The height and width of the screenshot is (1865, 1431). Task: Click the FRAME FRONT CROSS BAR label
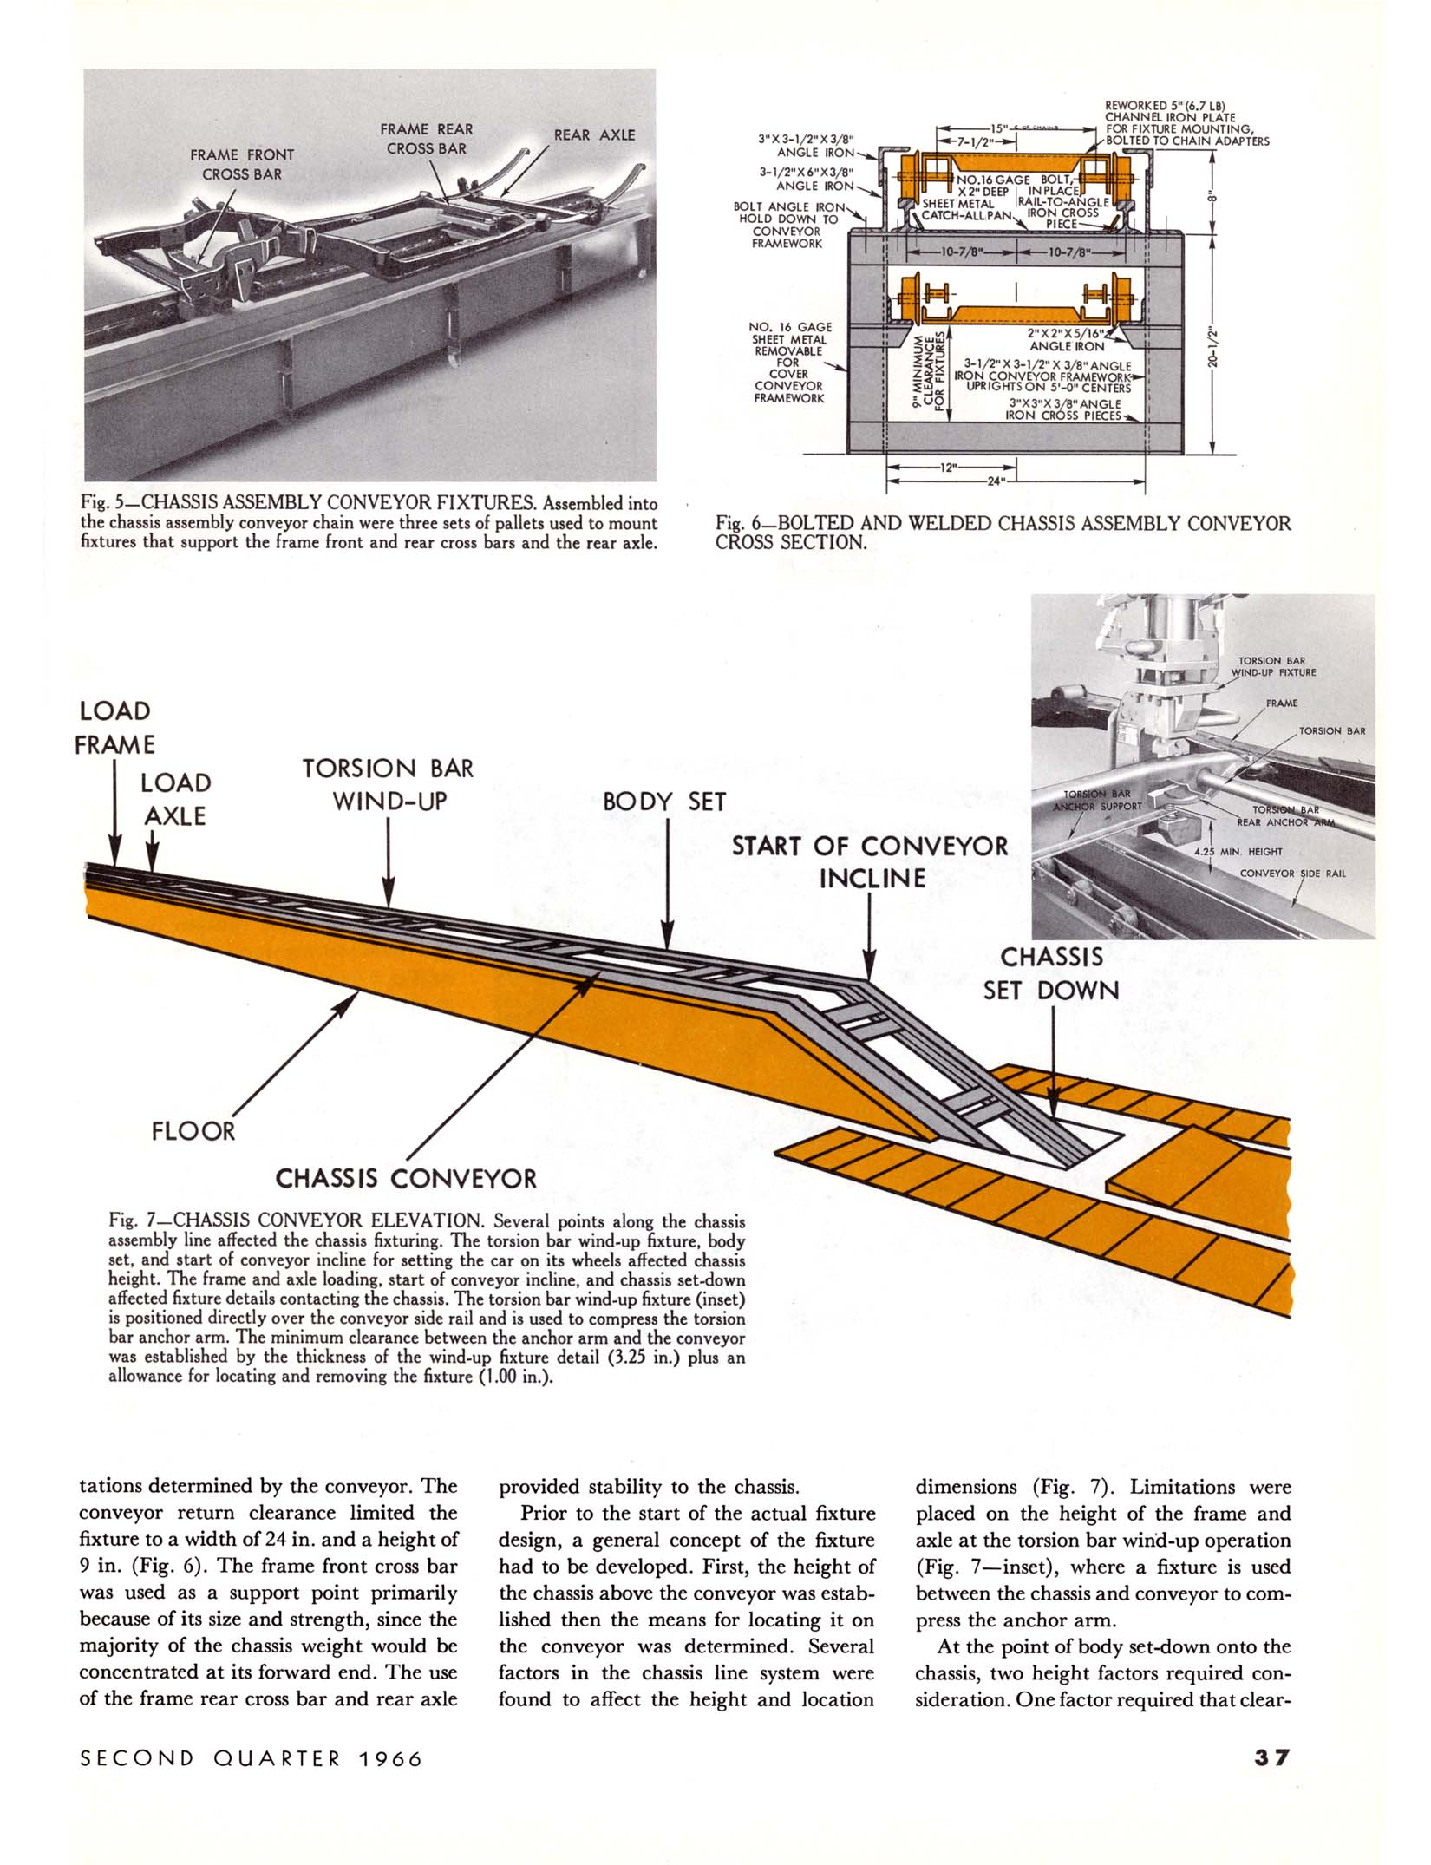pyautogui.click(x=242, y=164)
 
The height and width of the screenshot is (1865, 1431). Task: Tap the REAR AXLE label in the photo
pyautogui.click(x=594, y=135)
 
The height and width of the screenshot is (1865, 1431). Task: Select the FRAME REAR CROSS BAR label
pyautogui.click(x=426, y=139)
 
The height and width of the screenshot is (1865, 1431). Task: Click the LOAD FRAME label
pyautogui.click(x=114, y=728)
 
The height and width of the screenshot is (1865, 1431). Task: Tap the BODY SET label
pyautogui.click(x=663, y=802)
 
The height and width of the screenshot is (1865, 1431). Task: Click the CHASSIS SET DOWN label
pyautogui.click(x=1051, y=973)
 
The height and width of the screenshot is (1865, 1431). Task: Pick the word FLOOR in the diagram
pyautogui.click(x=193, y=1131)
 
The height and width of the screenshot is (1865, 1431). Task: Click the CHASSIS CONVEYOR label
pyautogui.click(x=406, y=1178)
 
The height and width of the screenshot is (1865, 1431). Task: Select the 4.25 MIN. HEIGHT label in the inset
pyautogui.click(x=1238, y=852)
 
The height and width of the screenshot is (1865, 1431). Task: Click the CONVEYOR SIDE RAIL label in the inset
pyautogui.click(x=1292, y=874)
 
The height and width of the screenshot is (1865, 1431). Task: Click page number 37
pyautogui.click(x=1272, y=1758)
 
